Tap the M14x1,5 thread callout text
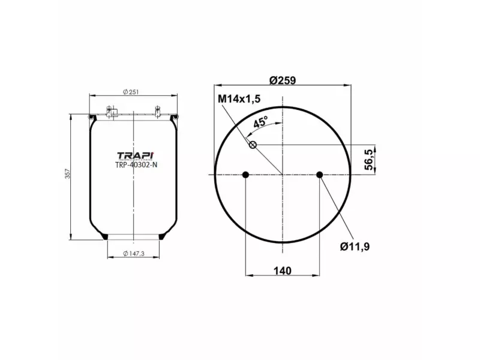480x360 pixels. [x=240, y=98]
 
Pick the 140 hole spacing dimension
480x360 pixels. [x=282, y=271]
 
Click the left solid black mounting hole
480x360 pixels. [x=245, y=175]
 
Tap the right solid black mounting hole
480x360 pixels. [x=320, y=175]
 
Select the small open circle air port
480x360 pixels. [x=253, y=144]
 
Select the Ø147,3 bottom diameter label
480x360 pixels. [x=134, y=254]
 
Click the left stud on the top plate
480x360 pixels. [x=110, y=112]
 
